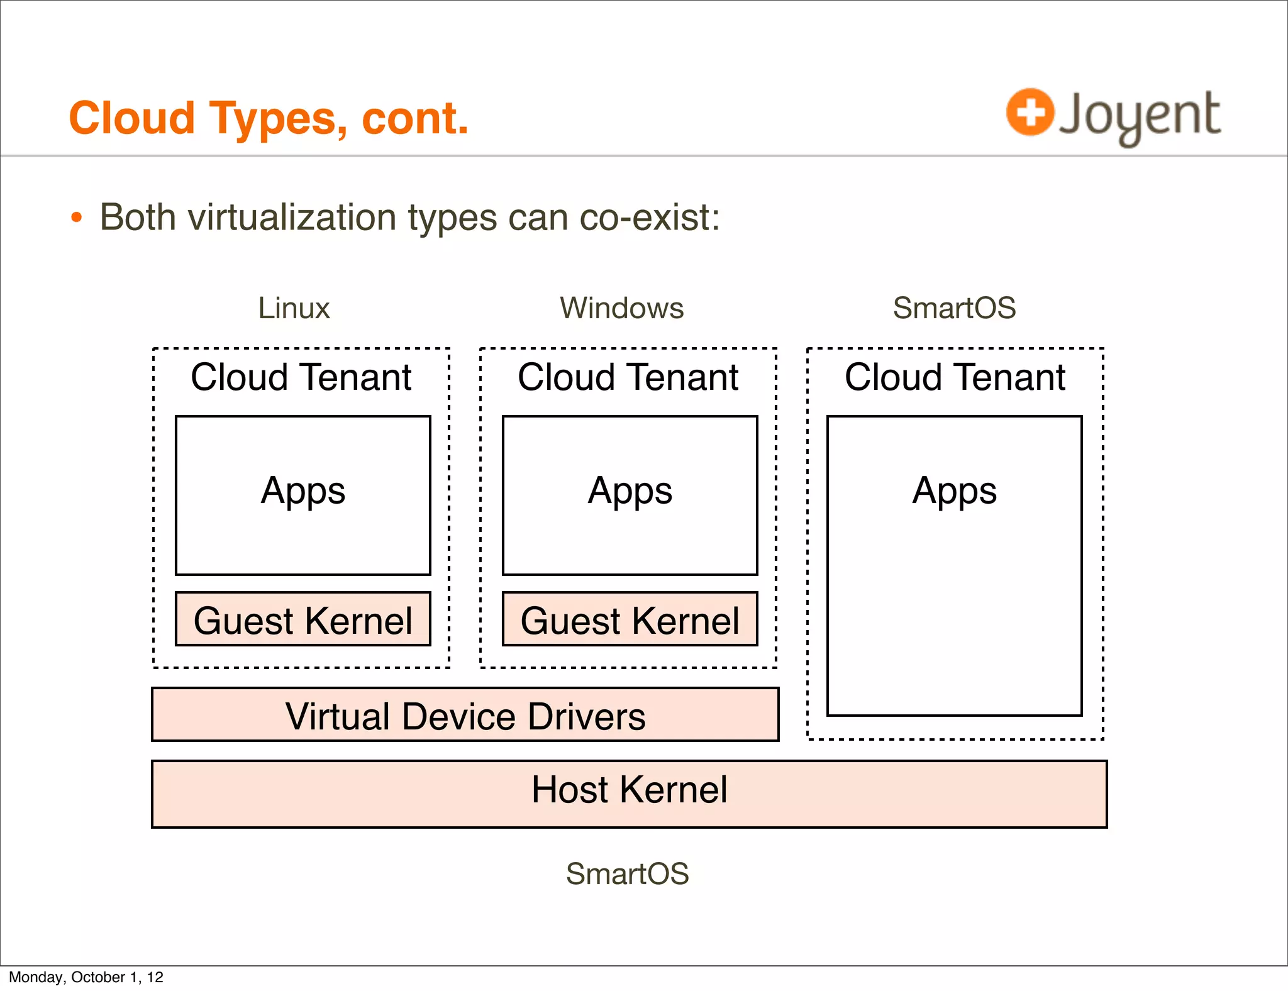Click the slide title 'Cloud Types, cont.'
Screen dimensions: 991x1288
269,118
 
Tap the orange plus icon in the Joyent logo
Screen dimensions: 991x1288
1030,112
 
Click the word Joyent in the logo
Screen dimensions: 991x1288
1140,116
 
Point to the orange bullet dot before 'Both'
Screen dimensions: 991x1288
77,218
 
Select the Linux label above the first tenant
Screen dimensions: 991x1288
294,308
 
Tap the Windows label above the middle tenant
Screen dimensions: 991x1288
621,308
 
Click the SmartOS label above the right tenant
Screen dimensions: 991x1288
954,308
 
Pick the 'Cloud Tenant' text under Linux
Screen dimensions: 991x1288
301,377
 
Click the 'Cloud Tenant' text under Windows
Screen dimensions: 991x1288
628,377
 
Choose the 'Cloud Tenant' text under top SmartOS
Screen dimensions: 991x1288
955,377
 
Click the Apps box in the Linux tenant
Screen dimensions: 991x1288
303,495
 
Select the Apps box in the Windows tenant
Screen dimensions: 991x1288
630,495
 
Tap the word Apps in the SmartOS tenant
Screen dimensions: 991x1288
954,490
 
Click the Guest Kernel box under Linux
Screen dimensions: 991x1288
303,619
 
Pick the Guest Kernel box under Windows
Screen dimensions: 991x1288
630,619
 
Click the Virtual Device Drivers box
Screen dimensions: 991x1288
465,715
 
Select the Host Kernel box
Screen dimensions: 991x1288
629,794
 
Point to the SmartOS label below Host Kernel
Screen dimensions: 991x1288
627,873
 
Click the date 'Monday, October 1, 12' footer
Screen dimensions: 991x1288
86,977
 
